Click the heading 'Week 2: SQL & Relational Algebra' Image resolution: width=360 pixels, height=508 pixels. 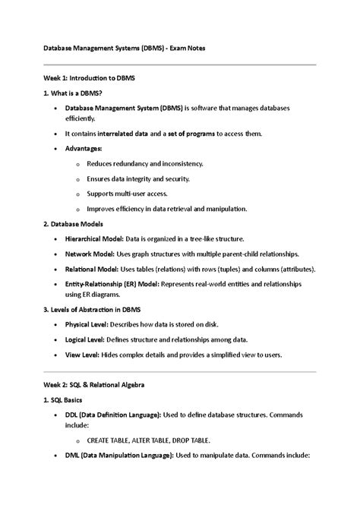pyautogui.click(x=96, y=384)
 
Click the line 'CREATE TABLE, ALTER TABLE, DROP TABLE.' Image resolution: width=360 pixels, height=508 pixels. pyautogui.click(x=149, y=440)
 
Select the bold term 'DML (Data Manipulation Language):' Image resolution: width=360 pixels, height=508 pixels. pyautogui.click(x=126, y=455)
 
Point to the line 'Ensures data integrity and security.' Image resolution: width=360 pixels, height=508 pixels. pyautogui.click(x=139, y=178)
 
